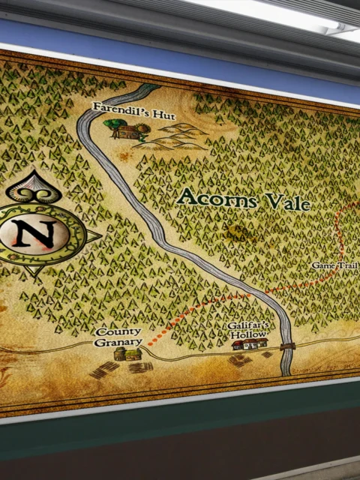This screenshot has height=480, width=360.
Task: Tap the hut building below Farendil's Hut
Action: point(128,132)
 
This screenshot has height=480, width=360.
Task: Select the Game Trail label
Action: point(334,265)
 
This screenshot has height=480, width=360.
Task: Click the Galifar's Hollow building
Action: point(249,344)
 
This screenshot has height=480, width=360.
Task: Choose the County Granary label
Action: point(118,337)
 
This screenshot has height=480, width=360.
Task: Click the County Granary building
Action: point(127,354)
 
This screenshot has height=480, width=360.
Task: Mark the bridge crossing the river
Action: point(286,346)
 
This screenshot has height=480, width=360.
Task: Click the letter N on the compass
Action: point(34,235)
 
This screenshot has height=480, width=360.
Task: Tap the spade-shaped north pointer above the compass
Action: point(34,187)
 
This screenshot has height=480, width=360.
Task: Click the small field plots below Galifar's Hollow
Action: point(241,360)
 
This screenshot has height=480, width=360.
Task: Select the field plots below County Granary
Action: point(120,368)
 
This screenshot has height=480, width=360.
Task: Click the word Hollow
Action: point(250,334)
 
